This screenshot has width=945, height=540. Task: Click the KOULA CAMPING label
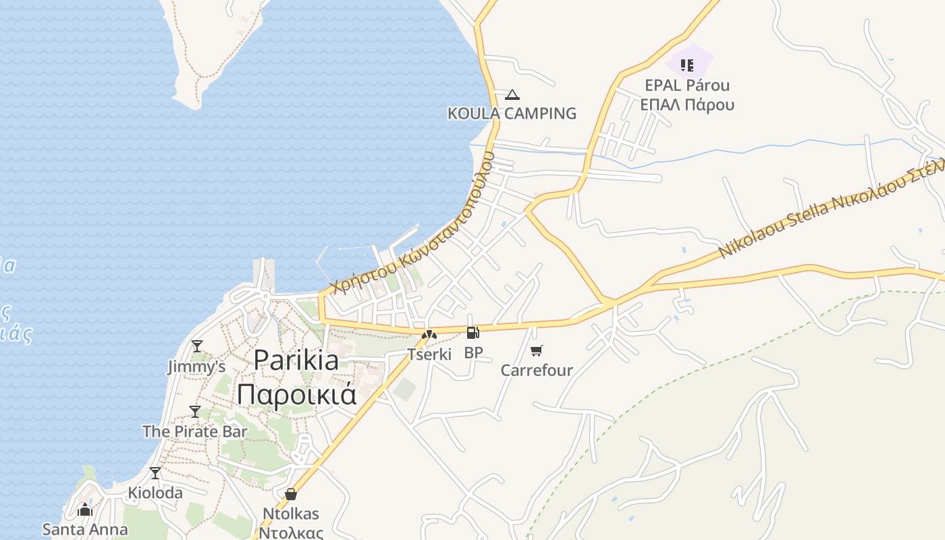pyautogui.click(x=512, y=113)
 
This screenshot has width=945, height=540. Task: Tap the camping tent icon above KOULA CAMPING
pyautogui.click(x=512, y=94)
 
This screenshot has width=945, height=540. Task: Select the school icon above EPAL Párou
pyautogui.click(x=687, y=65)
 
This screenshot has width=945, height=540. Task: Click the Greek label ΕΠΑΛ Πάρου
pyautogui.click(x=687, y=105)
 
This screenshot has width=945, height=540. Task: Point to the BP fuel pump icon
pyautogui.click(x=473, y=332)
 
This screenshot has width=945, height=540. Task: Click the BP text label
pyautogui.click(x=473, y=352)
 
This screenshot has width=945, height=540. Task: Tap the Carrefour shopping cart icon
pyautogui.click(x=537, y=350)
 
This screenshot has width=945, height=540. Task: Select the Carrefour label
pyautogui.click(x=537, y=370)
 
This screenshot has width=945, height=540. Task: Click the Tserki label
pyautogui.click(x=429, y=354)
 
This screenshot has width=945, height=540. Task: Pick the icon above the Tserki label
pyautogui.click(x=429, y=335)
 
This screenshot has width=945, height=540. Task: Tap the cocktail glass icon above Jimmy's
pyautogui.click(x=197, y=346)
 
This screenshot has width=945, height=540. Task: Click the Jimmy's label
pyautogui.click(x=196, y=367)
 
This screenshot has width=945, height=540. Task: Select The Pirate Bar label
pyautogui.click(x=195, y=431)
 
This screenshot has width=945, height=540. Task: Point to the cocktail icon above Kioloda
pyautogui.click(x=155, y=473)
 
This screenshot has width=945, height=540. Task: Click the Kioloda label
pyautogui.click(x=155, y=493)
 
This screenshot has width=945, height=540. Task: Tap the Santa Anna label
pyautogui.click(x=85, y=529)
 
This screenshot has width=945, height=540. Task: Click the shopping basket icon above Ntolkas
pyautogui.click(x=291, y=494)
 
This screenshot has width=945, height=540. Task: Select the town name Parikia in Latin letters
pyautogui.click(x=296, y=360)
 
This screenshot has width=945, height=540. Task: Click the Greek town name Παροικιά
pyautogui.click(x=296, y=394)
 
